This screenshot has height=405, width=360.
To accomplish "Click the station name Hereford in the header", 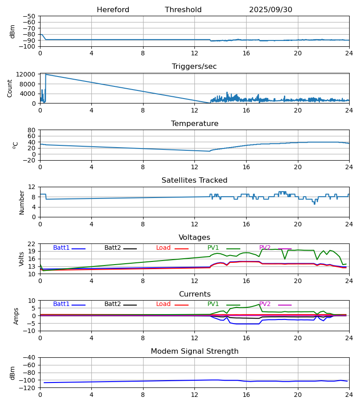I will click(x=113, y=10).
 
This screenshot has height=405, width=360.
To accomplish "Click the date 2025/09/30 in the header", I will click(x=270, y=10).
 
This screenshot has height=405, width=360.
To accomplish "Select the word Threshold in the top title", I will click(x=183, y=10).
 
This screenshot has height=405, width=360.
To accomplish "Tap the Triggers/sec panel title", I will click(x=194, y=67).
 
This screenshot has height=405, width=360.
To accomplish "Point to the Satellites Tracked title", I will click(x=194, y=180).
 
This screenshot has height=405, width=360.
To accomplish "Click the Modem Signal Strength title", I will click(x=194, y=351).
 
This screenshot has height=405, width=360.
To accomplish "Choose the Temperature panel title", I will click(x=194, y=124).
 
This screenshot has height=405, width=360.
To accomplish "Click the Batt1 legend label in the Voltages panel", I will click(x=61, y=248).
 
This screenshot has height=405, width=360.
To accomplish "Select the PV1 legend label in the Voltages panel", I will click(x=213, y=248).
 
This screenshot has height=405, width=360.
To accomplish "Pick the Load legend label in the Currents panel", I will click(x=163, y=304).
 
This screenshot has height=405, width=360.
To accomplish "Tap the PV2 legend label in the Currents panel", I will click(x=265, y=304).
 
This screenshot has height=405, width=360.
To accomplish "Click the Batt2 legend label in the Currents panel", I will click(x=112, y=304).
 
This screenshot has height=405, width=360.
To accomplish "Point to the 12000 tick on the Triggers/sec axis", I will click(x=27, y=74).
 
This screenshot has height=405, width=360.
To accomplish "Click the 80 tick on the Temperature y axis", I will click(x=32, y=130).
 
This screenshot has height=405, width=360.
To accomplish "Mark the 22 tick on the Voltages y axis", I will click(x=32, y=244).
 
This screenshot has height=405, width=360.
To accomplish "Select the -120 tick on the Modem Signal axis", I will click(x=28, y=388).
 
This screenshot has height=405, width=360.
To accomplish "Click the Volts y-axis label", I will click(x=22, y=259).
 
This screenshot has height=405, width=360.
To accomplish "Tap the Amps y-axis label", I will click(x=17, y=316).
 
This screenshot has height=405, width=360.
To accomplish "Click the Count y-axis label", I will click(x=10, y=88).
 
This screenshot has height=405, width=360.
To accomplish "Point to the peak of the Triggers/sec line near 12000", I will click(x=46, y=74).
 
